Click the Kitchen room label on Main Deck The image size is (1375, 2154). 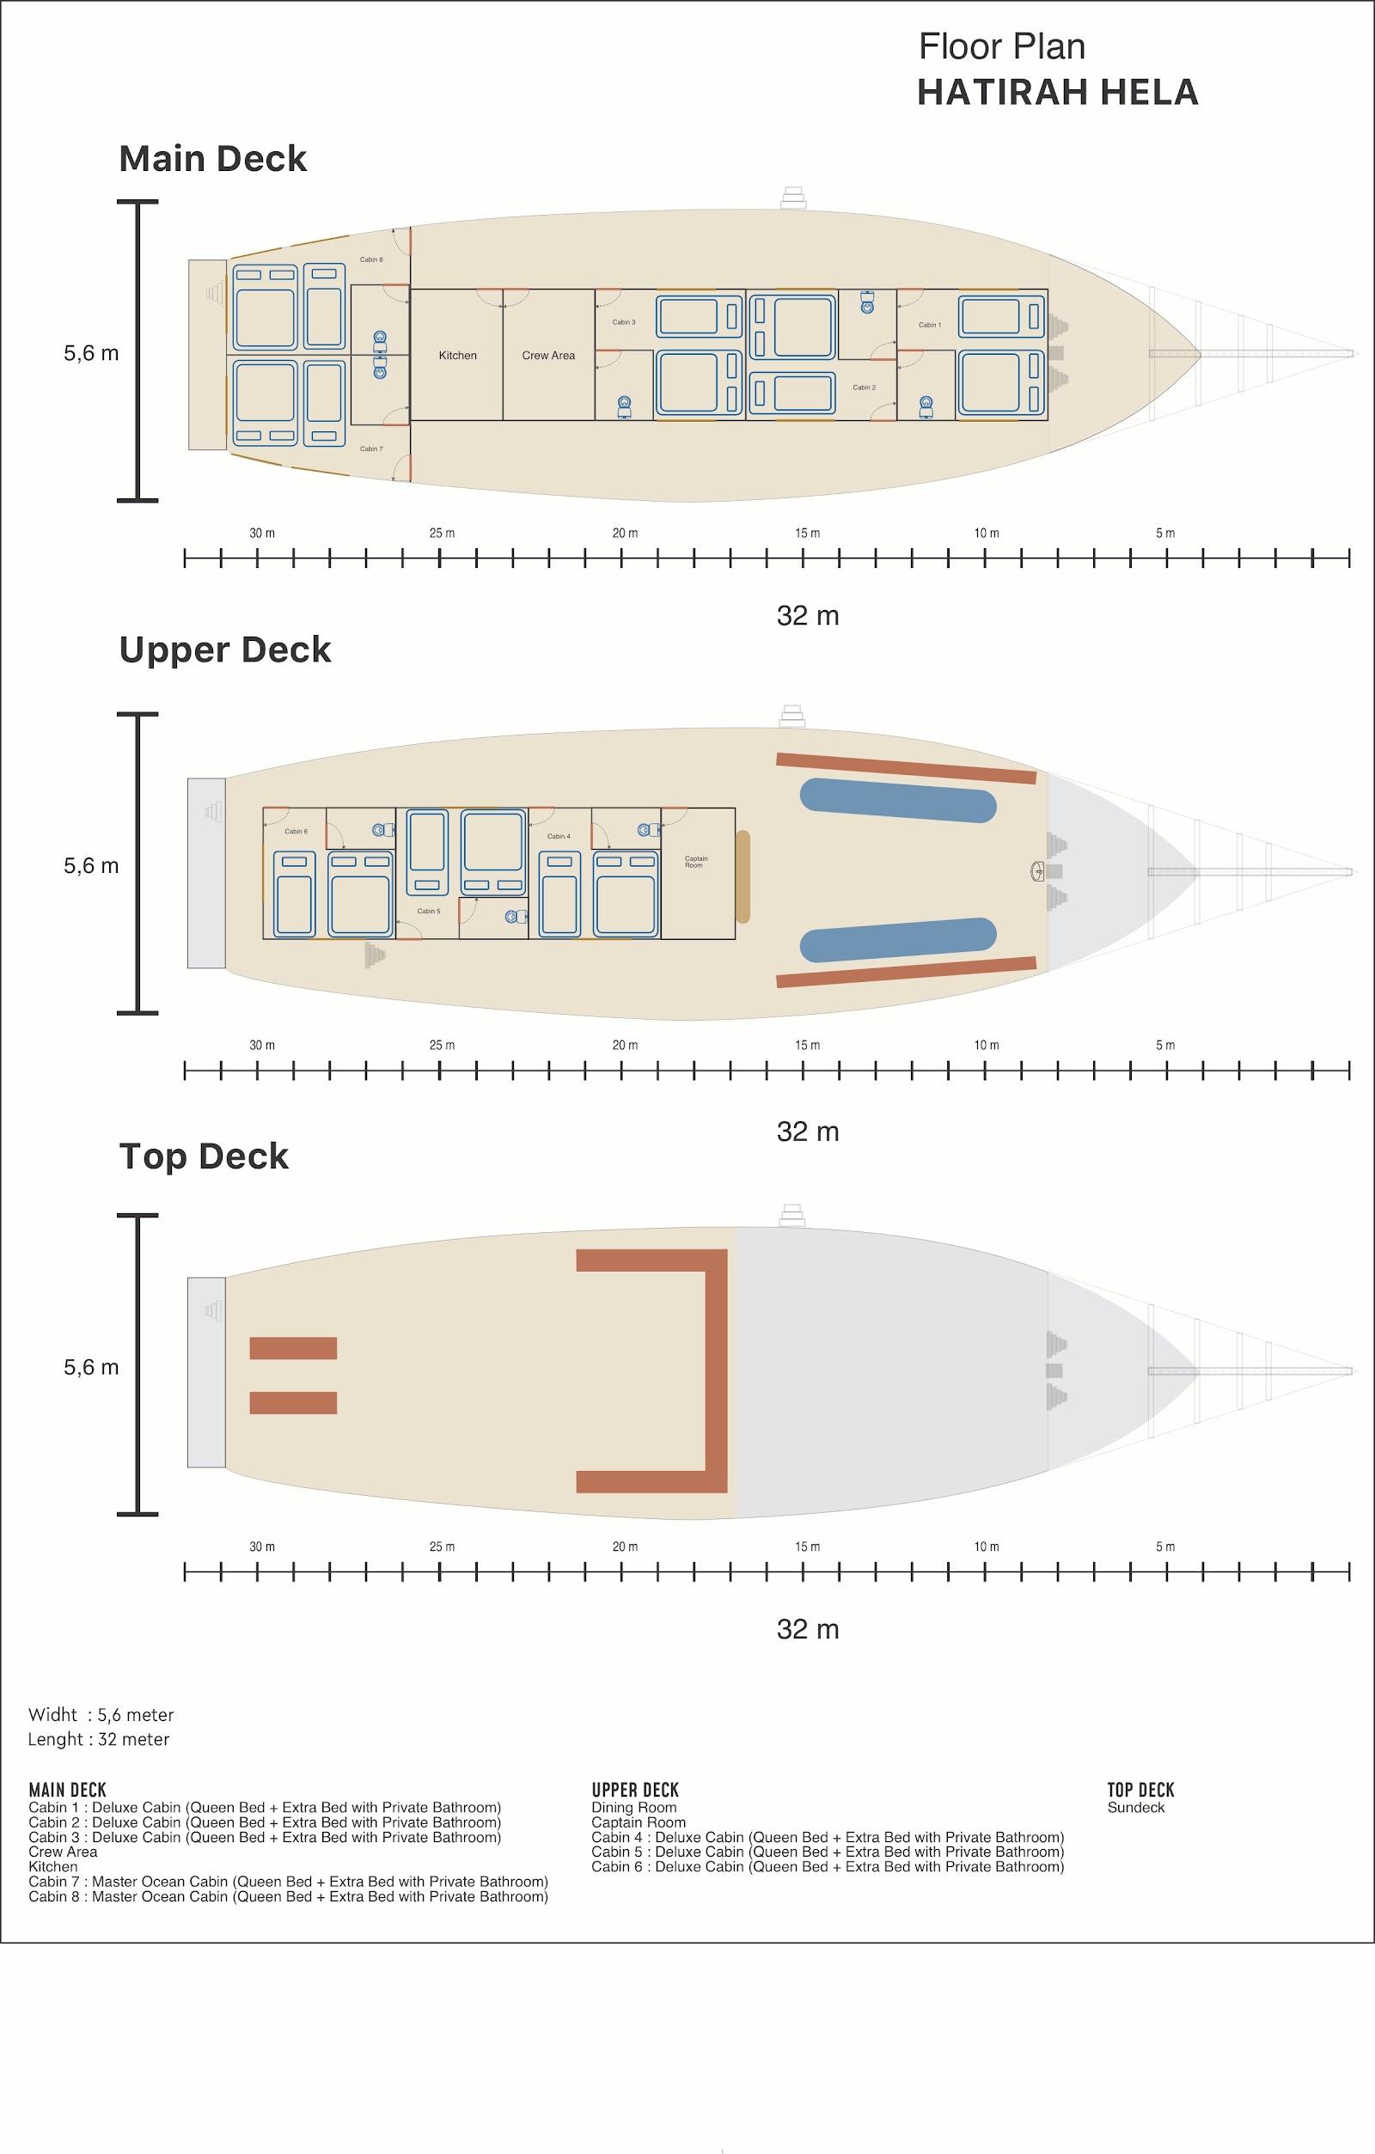[457, 355]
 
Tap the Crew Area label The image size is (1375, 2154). [548, 355]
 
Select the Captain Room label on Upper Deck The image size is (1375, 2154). [696, 862]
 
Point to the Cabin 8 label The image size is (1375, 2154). [371, 259]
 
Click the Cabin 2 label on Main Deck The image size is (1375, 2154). [865, 387]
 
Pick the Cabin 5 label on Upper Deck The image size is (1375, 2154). [429, 911]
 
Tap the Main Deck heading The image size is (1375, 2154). [213, 158]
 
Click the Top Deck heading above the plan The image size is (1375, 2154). [204, 1156]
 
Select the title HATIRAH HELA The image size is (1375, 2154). [1057, 92]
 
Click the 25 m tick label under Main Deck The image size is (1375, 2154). [442, 534]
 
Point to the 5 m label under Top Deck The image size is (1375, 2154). [1164, 1547]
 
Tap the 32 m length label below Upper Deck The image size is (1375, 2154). [808, 1132]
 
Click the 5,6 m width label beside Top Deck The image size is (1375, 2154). [91, 1367]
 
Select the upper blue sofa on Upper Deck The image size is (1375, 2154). [897, 799]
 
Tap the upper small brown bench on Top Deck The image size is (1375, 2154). [292, 1347]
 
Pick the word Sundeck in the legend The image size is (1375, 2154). [1136, 1807]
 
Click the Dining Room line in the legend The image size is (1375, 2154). [634, 1807]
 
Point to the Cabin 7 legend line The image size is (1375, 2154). [288, 1881]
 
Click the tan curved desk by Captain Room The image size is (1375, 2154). [742, 876]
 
